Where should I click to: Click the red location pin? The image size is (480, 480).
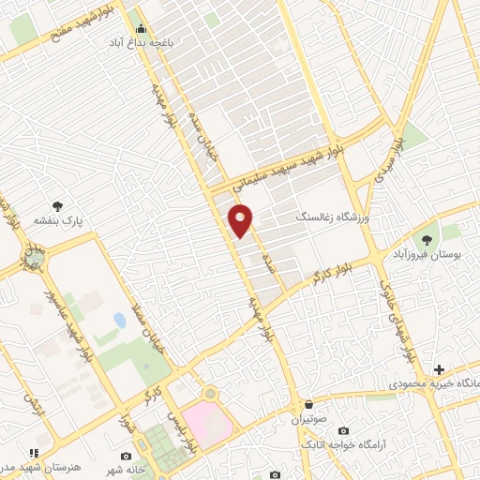pyautogui.click(x=241, y=220)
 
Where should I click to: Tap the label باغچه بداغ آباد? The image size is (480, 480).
pyautogui.click(x=142, y=43)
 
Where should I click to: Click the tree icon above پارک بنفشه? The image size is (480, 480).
pyautogui.click(x=60, y=205)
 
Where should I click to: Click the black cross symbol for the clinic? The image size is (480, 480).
pyautogui.click(x=438, y=369)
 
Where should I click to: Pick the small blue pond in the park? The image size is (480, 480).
pyautogui.click(x=120, y=321)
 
